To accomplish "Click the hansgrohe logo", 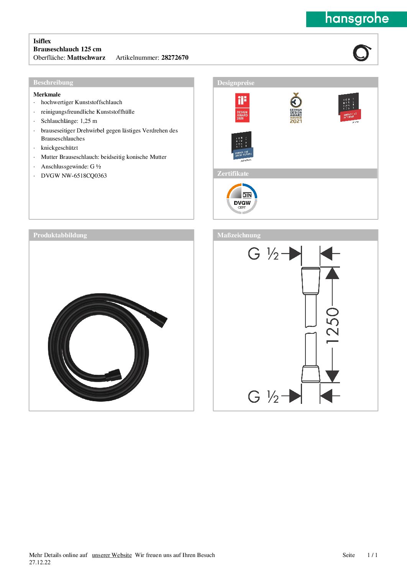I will [x=356, y=19].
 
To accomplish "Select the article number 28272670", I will [x=175, y=58].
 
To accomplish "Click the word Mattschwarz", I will [x=86, y=58].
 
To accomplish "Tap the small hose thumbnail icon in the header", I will [x=362, y=53].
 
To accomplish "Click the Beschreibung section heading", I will [x=53, y=83].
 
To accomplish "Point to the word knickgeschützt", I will [x=59, y=148].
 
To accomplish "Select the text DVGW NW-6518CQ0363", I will [x=74, y=176].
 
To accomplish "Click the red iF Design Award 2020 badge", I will [x=242, y=108].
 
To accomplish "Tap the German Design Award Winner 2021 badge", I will [x=296, y=108].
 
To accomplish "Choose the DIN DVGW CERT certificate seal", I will [x=242, y=199].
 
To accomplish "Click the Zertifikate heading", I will [x=233, y=174].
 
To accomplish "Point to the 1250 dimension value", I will [x=332, y=325].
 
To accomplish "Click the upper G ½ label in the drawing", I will [x=263, y=253].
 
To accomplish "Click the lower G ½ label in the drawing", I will [x=263, y=396].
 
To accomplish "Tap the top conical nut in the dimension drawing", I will [x=310, y=281].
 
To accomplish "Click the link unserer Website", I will [x=112, y=555].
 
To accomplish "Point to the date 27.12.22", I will [x=40, y=562].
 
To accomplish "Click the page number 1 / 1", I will [x=372, y=555].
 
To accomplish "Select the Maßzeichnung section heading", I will [x=239, y=235].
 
